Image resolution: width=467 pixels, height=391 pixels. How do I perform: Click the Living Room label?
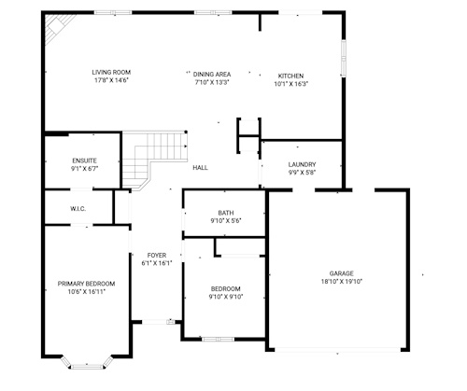click(x=111, y=72)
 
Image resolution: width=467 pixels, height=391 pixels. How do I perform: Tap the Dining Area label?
click(x=212, y=75)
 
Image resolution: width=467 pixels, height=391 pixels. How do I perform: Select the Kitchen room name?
click(x=290, y=76)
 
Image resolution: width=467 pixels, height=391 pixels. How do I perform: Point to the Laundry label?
click(x=302, y=164)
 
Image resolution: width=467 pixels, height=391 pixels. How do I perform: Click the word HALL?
click(x=200, y=168)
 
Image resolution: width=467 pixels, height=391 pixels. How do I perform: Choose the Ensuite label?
click(x=84, y=161)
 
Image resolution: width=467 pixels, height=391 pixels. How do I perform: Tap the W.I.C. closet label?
click(x=78, y=209)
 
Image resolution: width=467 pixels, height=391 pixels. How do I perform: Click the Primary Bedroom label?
click(x=86, y=284)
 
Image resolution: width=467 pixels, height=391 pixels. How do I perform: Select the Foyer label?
click(x=157, y=256)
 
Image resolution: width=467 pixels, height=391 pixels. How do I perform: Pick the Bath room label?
click(x=226, y=213)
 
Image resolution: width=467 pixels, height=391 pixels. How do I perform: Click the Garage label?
click(x=342, y=273)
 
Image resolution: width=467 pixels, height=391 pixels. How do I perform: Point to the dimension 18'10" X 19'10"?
click(x=342, y=282)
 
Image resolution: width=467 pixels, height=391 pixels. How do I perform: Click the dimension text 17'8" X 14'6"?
click(x=111, y=80)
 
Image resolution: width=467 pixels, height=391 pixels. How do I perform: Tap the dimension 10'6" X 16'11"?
click(x=86, y=292)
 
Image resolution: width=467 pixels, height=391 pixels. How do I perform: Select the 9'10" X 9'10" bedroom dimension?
click(x=226, y=297)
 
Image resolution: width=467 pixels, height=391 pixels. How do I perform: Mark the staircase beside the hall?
click(x=152, y=156)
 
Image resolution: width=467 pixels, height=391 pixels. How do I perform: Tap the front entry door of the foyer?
click(x=158, y=322)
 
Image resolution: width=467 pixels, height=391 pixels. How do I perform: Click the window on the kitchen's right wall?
click(x=344, y=58)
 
